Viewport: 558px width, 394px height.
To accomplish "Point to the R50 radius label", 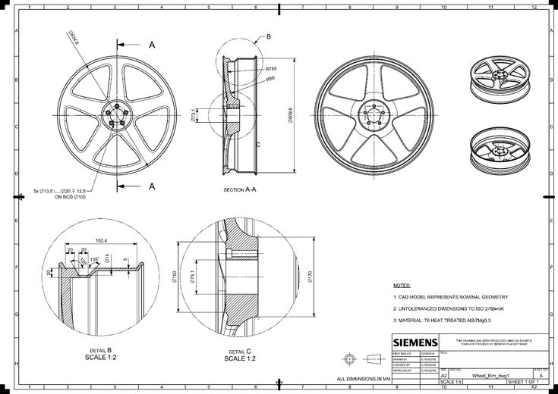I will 270,78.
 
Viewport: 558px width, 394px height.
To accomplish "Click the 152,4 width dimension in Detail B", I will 99,240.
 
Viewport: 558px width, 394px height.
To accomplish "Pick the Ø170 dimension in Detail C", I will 311,277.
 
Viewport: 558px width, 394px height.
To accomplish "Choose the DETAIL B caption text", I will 99,350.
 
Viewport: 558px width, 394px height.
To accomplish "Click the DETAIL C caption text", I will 240,352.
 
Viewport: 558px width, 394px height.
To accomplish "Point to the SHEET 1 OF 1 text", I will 522,382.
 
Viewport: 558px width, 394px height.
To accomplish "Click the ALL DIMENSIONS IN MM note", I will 363,377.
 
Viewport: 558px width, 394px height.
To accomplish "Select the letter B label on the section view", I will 268,36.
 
